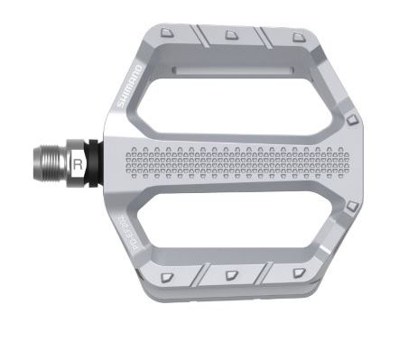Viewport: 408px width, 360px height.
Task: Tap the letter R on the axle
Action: pyautogui.click(x=79, y=164)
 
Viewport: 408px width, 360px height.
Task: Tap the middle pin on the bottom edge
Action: pyautogui.click(x=231, y=272)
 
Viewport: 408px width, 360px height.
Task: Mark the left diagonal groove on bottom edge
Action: pyautogui.click(x=202, y=273)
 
